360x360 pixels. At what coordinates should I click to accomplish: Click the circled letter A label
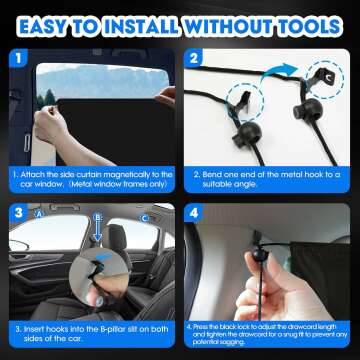pyautogui.click(x=39, y=212)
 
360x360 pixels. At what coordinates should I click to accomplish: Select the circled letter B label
pyautogui.click(x=96, y=213)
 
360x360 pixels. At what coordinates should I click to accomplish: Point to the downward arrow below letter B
pyautogui.click(x=96, y=234)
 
